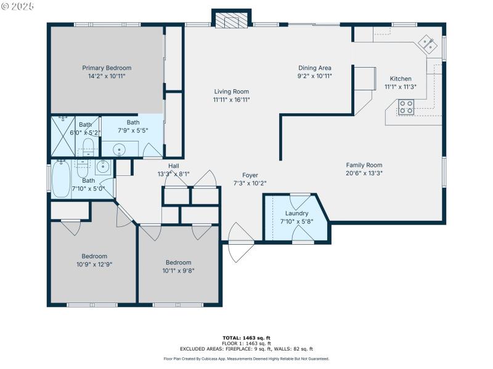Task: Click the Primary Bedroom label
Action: pos(107,68)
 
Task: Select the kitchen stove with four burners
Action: pos(405,107)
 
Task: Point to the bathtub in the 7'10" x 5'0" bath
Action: pos(60,179)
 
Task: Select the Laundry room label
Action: pos(296,213)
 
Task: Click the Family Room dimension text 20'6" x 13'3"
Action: pos(364,173)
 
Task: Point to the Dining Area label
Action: pos(315,68)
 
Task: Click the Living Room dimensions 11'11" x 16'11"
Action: pos(231,100)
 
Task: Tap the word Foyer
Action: pos(250,175)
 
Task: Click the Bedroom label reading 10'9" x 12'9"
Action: pos(94,264)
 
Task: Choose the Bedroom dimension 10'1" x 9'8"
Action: pos(177,270)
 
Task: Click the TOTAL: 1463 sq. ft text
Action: pos(246,338)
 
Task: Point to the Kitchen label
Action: pos(401,79)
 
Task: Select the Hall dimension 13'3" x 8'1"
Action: pos(173,174)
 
